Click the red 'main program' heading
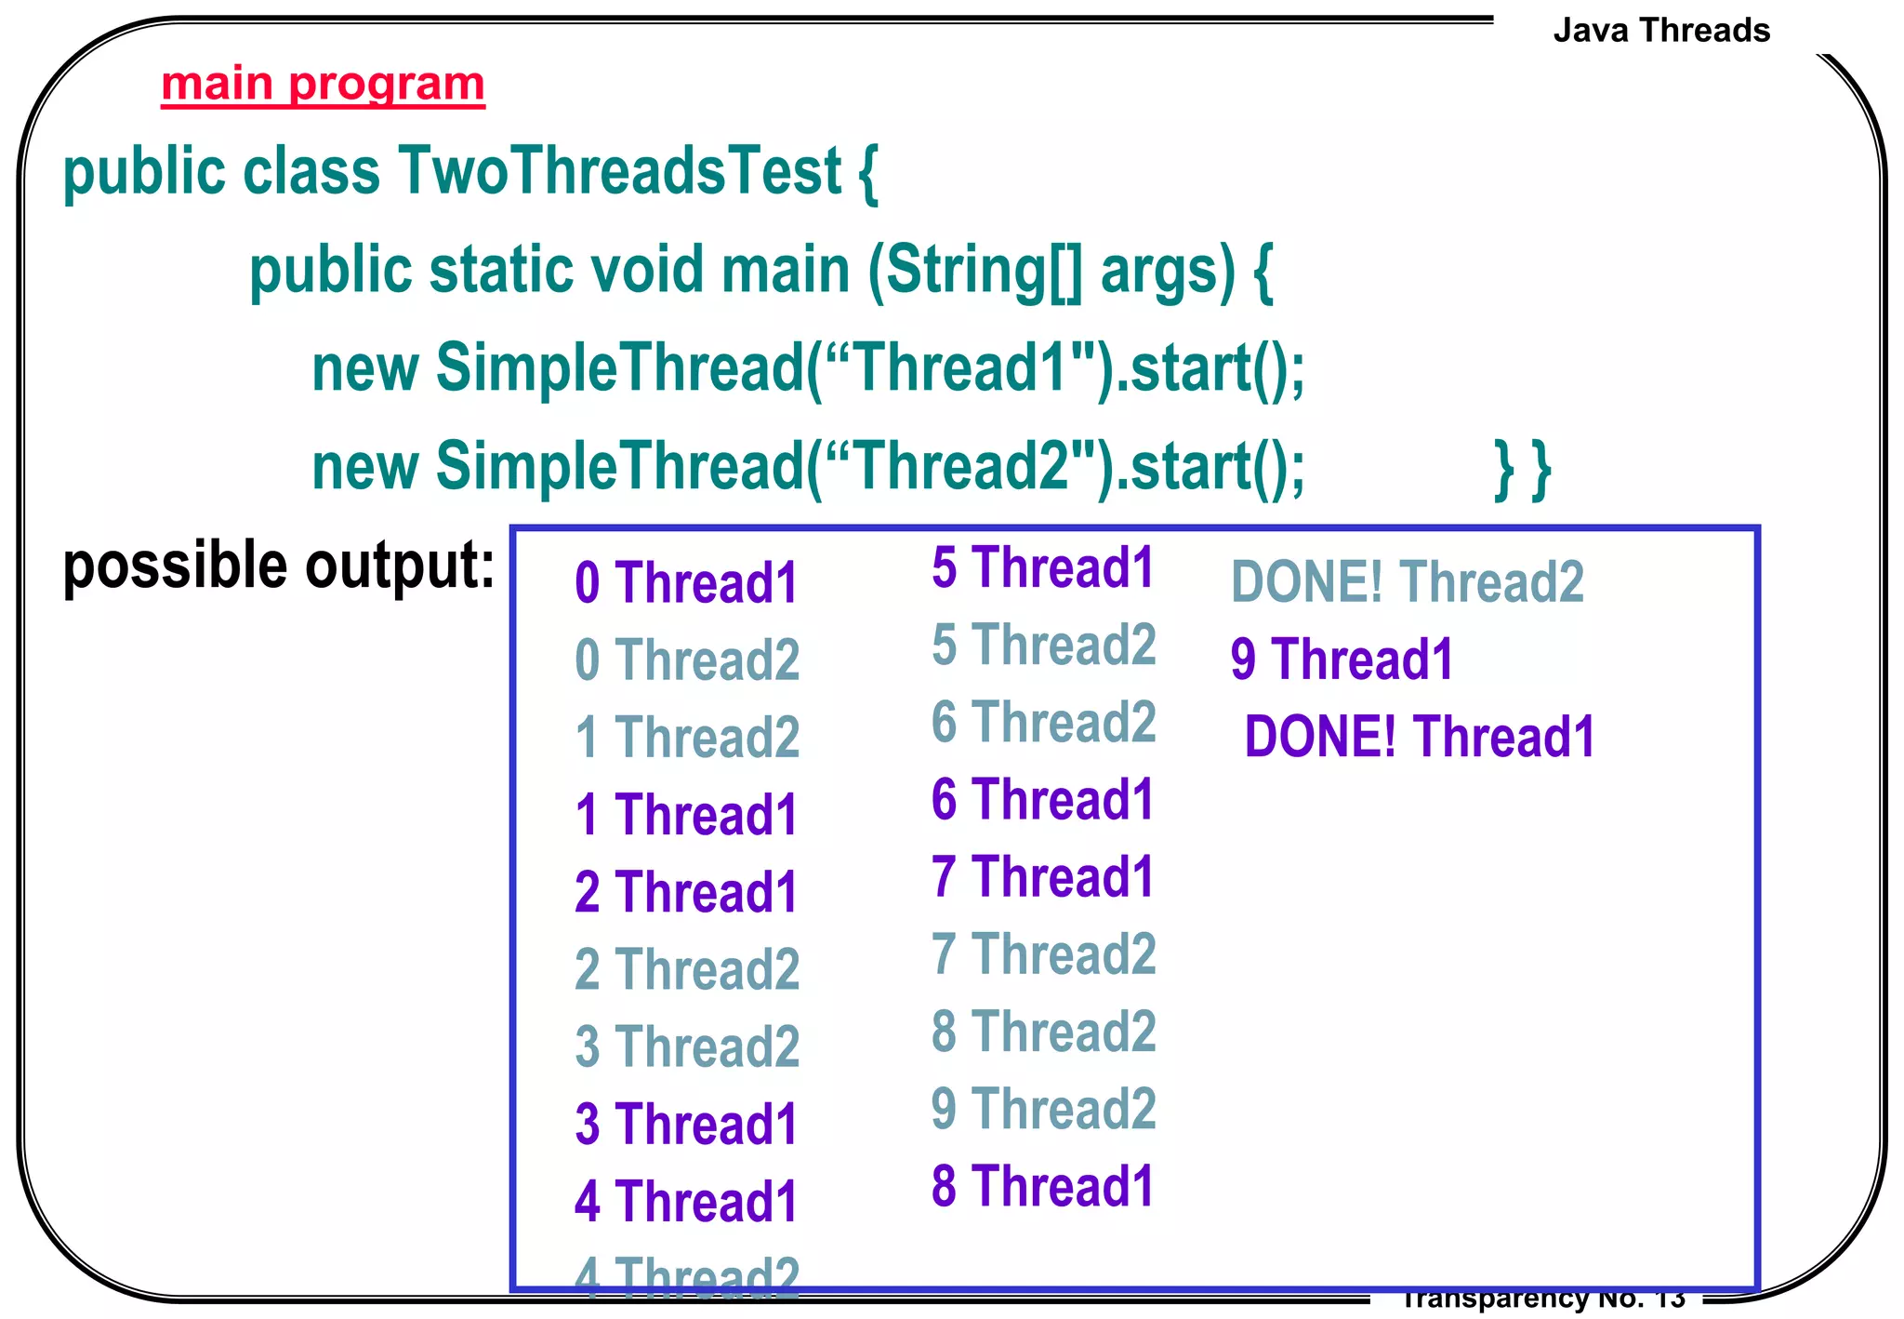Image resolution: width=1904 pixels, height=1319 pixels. (323, 85)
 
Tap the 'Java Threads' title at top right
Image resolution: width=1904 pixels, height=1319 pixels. (1661, 31)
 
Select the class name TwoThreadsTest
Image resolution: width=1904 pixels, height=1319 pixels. (620, 172)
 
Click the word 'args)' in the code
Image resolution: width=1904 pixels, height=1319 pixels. (1169, 271)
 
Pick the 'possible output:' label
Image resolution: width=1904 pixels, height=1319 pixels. (278, 566)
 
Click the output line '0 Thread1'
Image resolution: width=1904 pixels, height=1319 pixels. (686, 583)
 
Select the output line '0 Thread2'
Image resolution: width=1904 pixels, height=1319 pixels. (687, 660)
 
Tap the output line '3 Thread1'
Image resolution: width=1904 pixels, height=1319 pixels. (686, 1124)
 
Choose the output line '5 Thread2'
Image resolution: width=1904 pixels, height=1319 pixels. (1043, 645)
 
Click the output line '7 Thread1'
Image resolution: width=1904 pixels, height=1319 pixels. (1042, 876)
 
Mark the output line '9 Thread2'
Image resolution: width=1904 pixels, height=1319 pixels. (1043, 1108)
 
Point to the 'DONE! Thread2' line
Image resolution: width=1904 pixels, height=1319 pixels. (1407, 582)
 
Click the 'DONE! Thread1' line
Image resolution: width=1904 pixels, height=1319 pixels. (1420, 737)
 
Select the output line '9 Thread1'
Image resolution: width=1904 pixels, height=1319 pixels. (1342, 659)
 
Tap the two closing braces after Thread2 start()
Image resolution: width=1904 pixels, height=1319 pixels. (1522, 470)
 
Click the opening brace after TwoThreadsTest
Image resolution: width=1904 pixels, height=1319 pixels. (868, 174)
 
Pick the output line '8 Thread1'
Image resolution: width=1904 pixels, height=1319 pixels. (1042, 1186)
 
